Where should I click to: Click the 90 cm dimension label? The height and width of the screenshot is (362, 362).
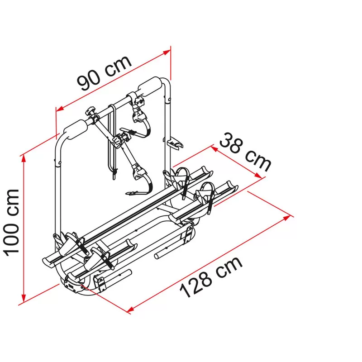pos(105,73)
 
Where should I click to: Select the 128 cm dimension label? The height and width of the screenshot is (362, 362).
pos(211,277)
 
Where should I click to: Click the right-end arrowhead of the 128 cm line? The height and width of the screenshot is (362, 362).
pos(287,218)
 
